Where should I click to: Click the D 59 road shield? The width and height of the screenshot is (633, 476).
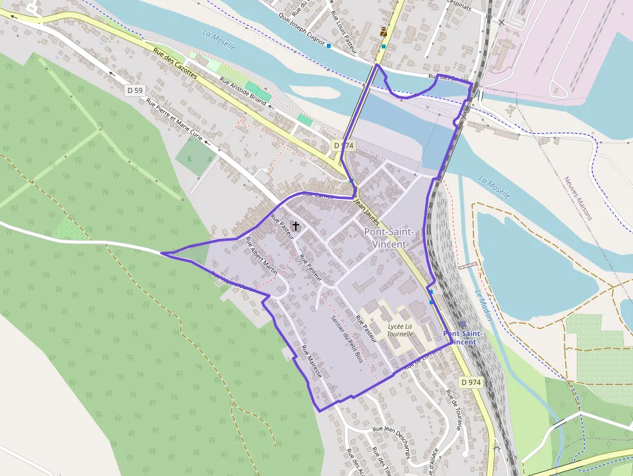pyautogui.click(x=134, y=90)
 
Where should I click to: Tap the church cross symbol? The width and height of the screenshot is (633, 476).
pyautogui.click(x=296, y=226)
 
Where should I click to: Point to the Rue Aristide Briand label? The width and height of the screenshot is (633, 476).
pyautogui.click(x=243, y=92)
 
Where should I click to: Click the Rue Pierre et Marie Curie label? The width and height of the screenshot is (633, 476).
pyautogui.click(x=174, y=121)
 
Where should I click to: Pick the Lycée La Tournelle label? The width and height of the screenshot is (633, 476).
pyautogui.click(x=400, y=331)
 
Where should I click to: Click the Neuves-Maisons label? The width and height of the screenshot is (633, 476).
pyautogui.click(x=577, y=198)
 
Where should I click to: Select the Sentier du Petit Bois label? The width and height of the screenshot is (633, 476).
pyautogui.click(x=346, y=338)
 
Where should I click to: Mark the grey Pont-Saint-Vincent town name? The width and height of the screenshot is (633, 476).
pyautogui.click(x=385, y=238)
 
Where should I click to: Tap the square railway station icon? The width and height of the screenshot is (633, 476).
pyautogui.click(x=462, y=325)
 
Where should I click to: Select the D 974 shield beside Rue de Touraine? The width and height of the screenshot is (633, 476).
pyautogui.click(x=471, y=382)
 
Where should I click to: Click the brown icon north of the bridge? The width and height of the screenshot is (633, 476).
pyautogui.click(x=384, y=32)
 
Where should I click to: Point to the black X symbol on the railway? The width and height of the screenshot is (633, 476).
pyautogui.click(x=502, y=22)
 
